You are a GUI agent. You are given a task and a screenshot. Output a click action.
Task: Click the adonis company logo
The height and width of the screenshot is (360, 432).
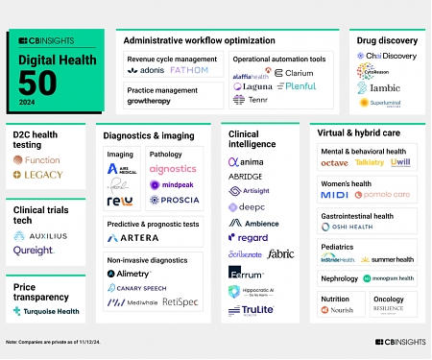point(146,70)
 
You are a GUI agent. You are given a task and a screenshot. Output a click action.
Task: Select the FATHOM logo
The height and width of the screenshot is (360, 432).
point(188,70)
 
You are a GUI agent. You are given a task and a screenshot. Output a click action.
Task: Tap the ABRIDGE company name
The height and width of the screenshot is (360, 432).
point(246,177)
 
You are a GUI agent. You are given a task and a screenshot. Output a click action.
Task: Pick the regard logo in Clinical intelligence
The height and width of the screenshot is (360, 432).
point(248,237)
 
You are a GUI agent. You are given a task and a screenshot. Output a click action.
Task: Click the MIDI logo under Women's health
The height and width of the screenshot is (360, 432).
point(334,195)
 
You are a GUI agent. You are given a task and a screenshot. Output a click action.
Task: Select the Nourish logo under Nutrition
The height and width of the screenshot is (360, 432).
point(339,311)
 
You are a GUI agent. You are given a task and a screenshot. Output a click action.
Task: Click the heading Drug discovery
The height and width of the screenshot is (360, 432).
point(387,41)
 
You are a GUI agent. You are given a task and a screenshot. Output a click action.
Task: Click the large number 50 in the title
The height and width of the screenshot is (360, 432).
point(35,82)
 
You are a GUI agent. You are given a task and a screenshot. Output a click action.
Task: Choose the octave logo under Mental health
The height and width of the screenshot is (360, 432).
point(335,163)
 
